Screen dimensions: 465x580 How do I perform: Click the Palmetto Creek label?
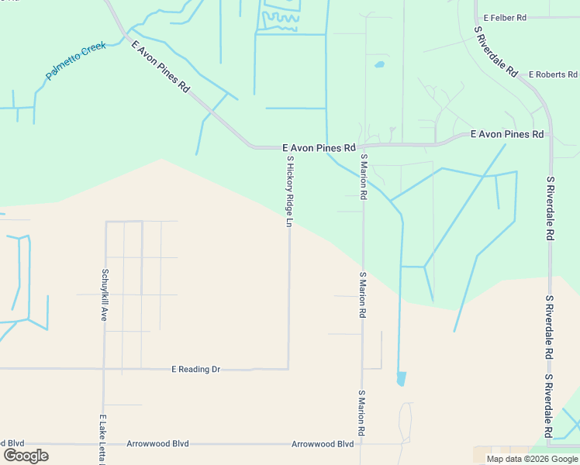pyautogui.click(x=75, y=61)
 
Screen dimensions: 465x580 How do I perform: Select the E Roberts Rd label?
pyautogui.click(x=553, y=75)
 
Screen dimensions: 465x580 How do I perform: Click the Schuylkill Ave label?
pyautogui.click(x=104, y=294)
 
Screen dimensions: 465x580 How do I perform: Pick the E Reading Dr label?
pyautogui.click(x=195, y=369)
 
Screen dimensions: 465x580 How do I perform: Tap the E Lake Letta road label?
pyautogui.click(x=102, y=439)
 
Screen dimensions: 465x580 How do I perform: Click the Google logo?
pyautogui.click(x=26, y=456)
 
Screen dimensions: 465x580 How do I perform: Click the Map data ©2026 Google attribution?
pyautogui.click(x=532, y=459)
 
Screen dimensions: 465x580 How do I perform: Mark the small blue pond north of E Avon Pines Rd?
pyautogui.click(x=379, y=64)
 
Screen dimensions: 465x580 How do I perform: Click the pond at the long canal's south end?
pyautogui.click(x=401, y=379)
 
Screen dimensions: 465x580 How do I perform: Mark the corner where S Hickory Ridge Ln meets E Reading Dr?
pyautogui.click(x=289, y=368)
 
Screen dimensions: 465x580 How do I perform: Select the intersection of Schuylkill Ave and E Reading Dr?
pyautogui.click(x=104, y=369)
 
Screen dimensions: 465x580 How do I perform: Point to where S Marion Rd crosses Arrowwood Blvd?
pyautogui.click(x=361, y=444)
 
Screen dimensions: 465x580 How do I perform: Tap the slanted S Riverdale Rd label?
pyautogui.click(x=496, y=50)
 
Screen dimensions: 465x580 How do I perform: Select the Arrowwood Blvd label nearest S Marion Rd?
pyautogui.click(x=323, y=444)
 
